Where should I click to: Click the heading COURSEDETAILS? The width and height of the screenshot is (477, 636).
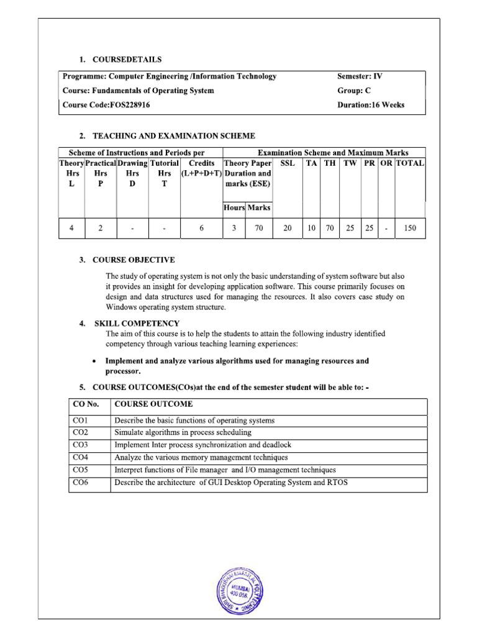(x=127, y=60)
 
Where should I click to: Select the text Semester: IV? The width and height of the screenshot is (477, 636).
(x=361, y=76)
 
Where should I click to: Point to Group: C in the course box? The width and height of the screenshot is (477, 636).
(x=354, y=91)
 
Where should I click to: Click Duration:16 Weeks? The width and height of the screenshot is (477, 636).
(x=370, y=105)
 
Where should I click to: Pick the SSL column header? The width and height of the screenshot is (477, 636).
(x=288, y=163)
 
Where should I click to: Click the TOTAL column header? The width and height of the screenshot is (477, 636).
(x=410, y=163)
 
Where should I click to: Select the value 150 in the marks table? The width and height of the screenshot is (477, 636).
(x=410, y=229)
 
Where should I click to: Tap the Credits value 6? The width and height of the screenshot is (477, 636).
(x=202, y=229)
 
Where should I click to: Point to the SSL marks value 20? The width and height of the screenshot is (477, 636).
(x=288, y=229)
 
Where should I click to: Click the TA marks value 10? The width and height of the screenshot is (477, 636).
(x=311, y=229)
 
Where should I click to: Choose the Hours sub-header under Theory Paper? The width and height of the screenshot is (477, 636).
(x=234, y=208)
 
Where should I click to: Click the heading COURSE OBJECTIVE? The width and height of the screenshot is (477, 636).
(x=134, y=260)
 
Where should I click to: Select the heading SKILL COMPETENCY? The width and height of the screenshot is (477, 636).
(x=137, y=324)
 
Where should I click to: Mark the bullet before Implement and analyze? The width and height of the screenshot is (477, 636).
(x=93, y=361)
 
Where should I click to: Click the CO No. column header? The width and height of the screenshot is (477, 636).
(x=86, y=404)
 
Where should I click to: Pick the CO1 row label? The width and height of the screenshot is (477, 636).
(x=81, y=420)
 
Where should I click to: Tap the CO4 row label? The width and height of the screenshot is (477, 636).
(x=81, y=458)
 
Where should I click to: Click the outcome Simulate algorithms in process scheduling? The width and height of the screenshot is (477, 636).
(x=183, y=433)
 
